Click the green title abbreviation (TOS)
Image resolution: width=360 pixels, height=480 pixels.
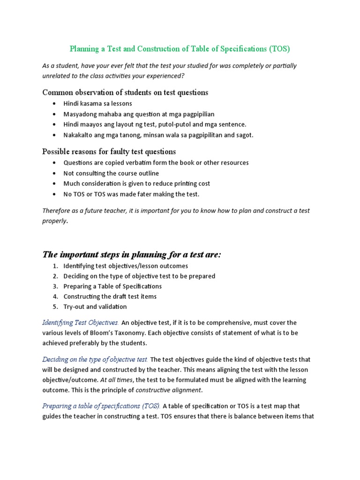[x=279, y=49]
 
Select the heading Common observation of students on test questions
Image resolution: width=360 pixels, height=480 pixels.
[x=125, y=92]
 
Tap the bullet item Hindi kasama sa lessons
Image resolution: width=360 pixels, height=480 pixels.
[x=97, y=104]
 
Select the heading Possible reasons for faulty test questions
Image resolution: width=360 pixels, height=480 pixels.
[x=109, y=151]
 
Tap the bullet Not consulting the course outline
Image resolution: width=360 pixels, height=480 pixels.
[x=111, y=173]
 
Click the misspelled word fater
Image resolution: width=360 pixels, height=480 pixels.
[x=141, y=194]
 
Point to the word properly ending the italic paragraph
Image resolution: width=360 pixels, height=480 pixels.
[x=54, y=221]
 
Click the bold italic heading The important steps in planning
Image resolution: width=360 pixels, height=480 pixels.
[x=131, y=255]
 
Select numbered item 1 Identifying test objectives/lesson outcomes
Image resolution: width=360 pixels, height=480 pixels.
[x=126, y=266]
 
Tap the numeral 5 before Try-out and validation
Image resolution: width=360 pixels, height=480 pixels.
[x=55, y=307]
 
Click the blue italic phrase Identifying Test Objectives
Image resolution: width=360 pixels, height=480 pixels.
[x=80, y=322]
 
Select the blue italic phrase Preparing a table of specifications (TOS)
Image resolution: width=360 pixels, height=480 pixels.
[x=101, y=406]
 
